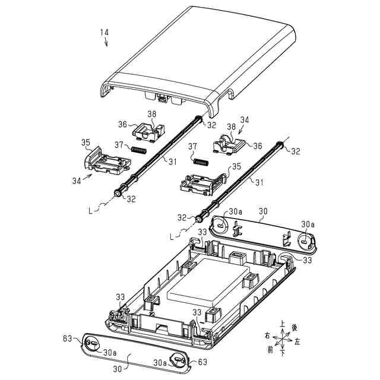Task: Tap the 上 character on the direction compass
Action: (283, 324)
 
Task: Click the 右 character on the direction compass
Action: (268, 335)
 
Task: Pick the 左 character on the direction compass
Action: (297, 343)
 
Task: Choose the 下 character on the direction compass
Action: (283, 353)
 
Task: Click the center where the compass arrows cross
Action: (283, 339)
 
